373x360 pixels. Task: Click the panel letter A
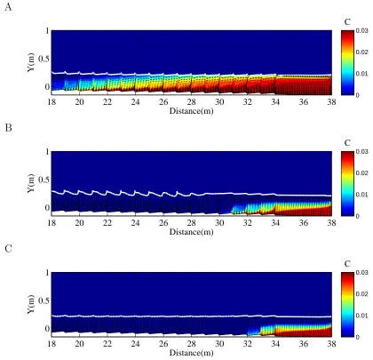click(8, 7)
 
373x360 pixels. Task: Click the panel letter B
click(8, 128)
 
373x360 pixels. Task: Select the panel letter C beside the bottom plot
click(8, 249)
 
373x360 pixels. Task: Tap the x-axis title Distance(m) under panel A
click(191, 111)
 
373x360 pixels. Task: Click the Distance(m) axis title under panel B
click(191, 232)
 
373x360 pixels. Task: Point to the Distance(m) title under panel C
click(191, 353)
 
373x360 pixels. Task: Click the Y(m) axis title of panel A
click(31, 62)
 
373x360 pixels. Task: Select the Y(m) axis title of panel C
click(31, 304)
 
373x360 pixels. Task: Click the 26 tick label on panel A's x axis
click(163, 102)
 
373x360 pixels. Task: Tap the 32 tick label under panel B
click(248, 223)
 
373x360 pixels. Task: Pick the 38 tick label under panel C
click(331, 344)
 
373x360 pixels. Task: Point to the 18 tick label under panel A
click(52, 102)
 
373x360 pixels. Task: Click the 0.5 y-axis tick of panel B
click(44, 180)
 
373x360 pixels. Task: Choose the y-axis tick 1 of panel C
click(47, 273)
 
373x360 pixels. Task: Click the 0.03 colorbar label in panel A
click(361, 30)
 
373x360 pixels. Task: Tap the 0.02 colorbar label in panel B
click(361, 173)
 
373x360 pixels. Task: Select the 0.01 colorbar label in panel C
click(361, 316)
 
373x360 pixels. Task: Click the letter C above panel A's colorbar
click(347, 22)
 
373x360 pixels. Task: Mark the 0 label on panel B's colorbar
click(358, 216)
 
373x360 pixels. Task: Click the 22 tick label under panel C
click(107, 344)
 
